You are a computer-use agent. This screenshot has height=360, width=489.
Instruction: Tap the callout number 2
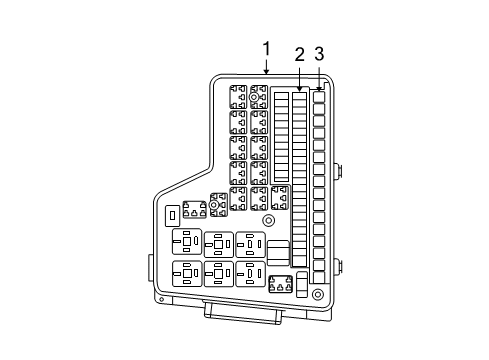pos(299,54)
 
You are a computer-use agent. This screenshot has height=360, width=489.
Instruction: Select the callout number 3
pos(319,54)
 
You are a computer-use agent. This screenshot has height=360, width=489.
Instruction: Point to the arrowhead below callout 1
pos(267,73)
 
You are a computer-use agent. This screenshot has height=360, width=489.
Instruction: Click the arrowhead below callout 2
pos(299,90)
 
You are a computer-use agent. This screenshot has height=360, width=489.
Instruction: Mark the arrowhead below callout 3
pos(319,90)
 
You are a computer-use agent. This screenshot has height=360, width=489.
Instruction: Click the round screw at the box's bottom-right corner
pos(316,295)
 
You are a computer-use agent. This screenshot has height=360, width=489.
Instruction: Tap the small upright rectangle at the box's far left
pos(173,215)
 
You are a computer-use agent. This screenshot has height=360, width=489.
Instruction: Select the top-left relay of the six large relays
pos(187,243)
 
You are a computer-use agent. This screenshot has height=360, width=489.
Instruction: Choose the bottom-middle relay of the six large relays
pos(218,273)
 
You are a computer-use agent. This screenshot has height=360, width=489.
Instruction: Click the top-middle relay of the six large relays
pos(218,243)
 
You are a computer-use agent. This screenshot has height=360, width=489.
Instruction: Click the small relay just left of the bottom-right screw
pos(281,284)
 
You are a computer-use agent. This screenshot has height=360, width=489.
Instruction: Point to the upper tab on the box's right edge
pos(340,170)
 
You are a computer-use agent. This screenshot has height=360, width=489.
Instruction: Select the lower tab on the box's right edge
pos(340,266)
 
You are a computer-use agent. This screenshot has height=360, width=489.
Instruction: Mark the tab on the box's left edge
pos(151,267)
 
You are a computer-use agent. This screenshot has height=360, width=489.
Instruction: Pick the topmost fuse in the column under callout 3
pos(319,98)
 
